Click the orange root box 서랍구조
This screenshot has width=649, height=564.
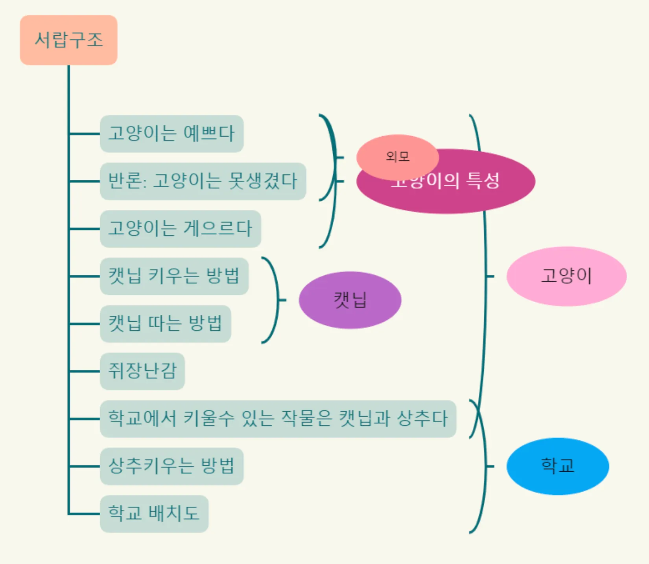point(69,40)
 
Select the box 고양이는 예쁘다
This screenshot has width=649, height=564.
point(172,134)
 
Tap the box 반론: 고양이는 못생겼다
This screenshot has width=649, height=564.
point(203,181)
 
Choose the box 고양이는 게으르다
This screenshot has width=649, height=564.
point(181,229)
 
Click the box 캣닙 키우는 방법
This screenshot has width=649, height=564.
point(174,276)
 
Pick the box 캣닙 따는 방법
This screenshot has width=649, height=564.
point(166,324)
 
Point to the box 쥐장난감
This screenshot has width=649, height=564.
point(142,371)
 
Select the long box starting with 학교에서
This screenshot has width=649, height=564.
point(278,419)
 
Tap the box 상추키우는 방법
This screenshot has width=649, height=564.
point(172,466)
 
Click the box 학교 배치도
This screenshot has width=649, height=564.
point(154,514)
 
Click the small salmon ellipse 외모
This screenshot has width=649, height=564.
point(397,157)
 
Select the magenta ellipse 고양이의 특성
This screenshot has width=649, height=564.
point(472,192)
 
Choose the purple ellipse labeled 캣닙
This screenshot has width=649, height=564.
point(350,300)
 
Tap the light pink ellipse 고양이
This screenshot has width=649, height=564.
point(566,276)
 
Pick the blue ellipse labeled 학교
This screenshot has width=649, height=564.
point(558,466)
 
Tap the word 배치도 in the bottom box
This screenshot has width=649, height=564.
point(174,514)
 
